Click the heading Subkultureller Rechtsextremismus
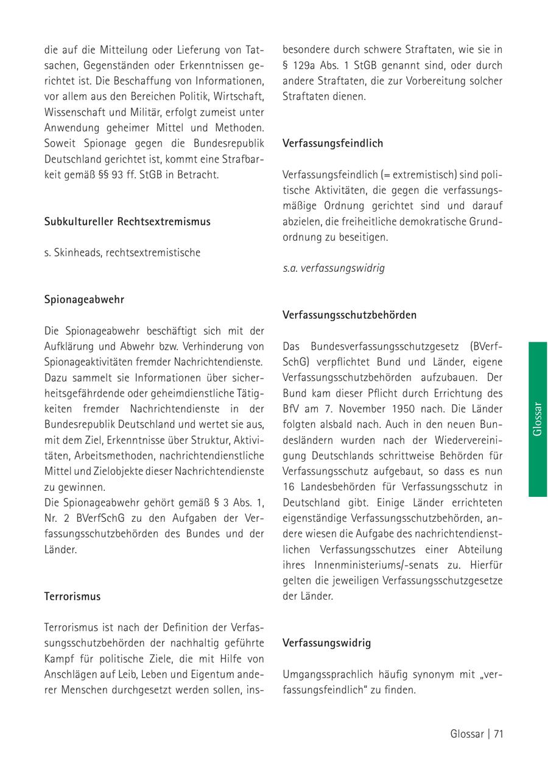coord(127,221)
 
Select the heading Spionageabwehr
coord(84,299)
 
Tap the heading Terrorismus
coord(72,596)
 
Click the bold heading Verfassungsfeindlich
coord(332,144)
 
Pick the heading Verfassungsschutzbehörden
coord(350,315)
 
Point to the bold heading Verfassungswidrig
coord(326,643)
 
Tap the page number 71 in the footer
coord(498,733)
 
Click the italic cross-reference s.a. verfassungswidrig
coord(334,268)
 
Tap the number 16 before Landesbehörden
coord(289,486)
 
